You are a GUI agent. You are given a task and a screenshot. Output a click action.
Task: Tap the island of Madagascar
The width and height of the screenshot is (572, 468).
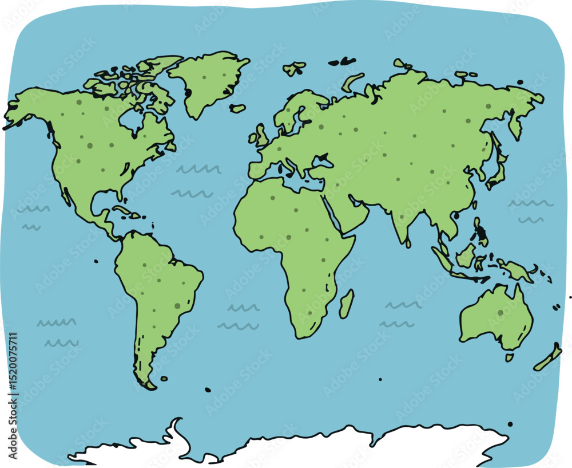tap(346, 304)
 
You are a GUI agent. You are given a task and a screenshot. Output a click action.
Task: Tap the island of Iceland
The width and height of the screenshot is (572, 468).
tap(238, 108)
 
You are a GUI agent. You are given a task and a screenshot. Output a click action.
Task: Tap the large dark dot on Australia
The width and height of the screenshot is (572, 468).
tap(500, 313)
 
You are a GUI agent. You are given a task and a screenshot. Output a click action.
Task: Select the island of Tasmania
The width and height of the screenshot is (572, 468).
tap(509, 357)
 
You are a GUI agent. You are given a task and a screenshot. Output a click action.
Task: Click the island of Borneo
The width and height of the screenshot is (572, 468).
tap(466, 255)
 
